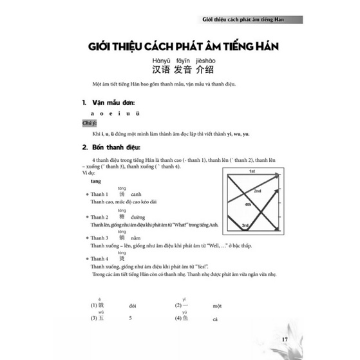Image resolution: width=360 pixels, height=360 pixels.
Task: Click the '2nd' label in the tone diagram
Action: click(x=256, y=191)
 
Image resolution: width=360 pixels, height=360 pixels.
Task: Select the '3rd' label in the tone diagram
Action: click(x=245, y=225)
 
